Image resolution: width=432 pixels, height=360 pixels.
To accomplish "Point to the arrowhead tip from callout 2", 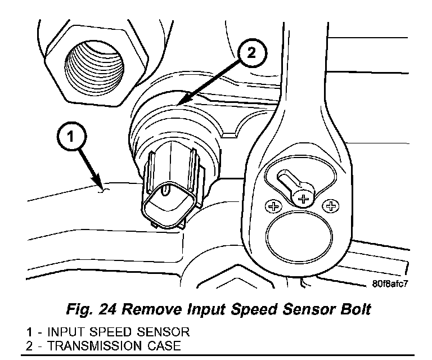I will (177, 105).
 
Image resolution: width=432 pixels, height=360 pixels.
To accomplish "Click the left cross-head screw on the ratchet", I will (274, 207).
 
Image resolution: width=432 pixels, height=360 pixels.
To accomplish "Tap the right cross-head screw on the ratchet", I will (330, 207).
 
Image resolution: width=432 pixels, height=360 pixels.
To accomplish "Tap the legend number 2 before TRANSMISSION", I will (28, 344).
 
